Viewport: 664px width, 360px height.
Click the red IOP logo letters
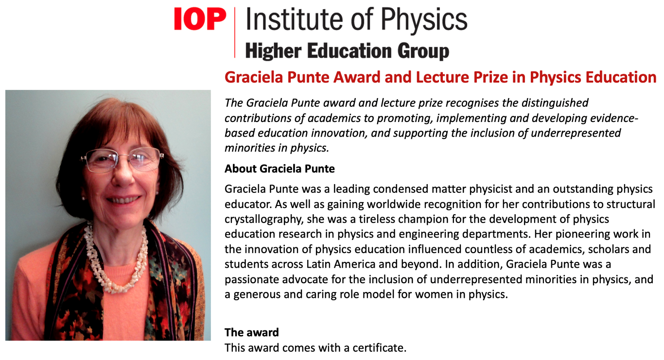[200, 18]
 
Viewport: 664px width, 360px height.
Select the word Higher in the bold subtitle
[273, 51]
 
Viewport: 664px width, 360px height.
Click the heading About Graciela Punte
[280, 169]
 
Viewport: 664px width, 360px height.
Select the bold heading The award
[252, 332]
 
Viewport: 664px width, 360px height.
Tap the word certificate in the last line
[380, 348]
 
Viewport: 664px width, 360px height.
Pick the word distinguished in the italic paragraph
[555, 103]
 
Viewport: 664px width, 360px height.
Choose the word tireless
[378, 219]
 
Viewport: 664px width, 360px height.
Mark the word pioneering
[582, 234]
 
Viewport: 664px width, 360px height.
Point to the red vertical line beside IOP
[235, 33]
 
